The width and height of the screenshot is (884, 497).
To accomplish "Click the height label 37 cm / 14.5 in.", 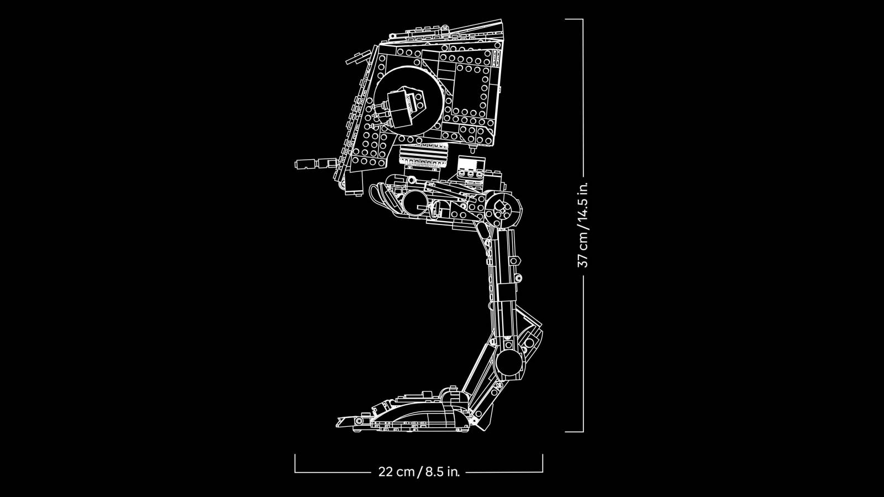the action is point(583,224).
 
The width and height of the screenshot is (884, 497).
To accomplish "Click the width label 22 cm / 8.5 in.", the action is point(419,472).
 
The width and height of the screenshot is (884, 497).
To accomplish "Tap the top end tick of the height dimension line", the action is point(574,19).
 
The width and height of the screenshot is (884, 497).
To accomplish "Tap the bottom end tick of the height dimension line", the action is point(574,431).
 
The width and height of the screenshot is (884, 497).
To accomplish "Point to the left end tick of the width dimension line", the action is point(295,463).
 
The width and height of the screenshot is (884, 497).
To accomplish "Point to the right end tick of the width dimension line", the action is point(543,463).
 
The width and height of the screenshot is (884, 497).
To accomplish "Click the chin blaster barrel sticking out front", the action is point(315,164).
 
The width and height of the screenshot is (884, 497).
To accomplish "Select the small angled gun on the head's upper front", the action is point(357,58).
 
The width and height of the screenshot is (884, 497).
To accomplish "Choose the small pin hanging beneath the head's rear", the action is point(473,149).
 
